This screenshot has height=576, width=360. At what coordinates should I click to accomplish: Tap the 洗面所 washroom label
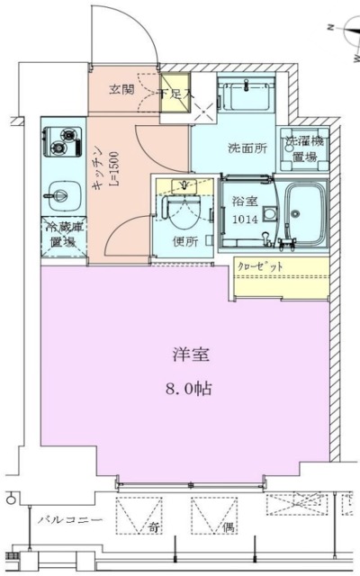tap(244, 148)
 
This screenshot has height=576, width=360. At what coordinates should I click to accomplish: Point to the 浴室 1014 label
tap(242, 210)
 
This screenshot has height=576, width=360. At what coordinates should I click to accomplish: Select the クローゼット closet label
tap(260, 267)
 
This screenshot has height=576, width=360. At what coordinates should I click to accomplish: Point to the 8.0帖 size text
tap(193, 390)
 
